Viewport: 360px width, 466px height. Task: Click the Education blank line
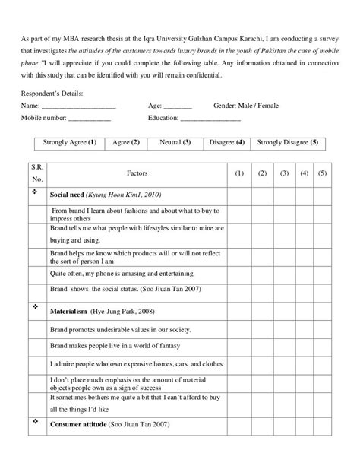(210, 119)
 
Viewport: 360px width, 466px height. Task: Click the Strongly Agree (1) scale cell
(69, 142)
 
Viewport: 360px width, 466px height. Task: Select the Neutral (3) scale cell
(175, 142)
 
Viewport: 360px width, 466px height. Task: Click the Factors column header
(137, 174)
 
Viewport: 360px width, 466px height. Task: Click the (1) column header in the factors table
(238, 174)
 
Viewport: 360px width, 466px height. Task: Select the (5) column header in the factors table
(322, 174)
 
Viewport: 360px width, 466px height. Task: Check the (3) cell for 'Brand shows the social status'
(285, 290)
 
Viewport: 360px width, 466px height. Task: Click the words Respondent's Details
(52, 93)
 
